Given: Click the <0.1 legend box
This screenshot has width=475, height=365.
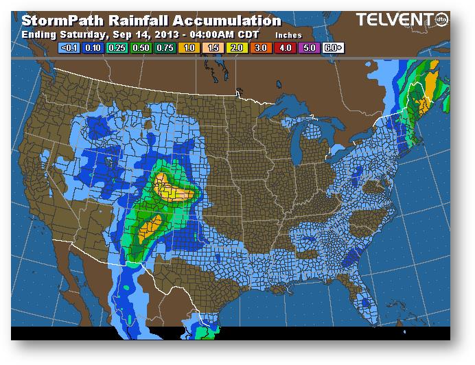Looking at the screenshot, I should click(69, 48).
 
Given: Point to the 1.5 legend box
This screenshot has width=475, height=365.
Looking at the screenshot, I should click(214, 48).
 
